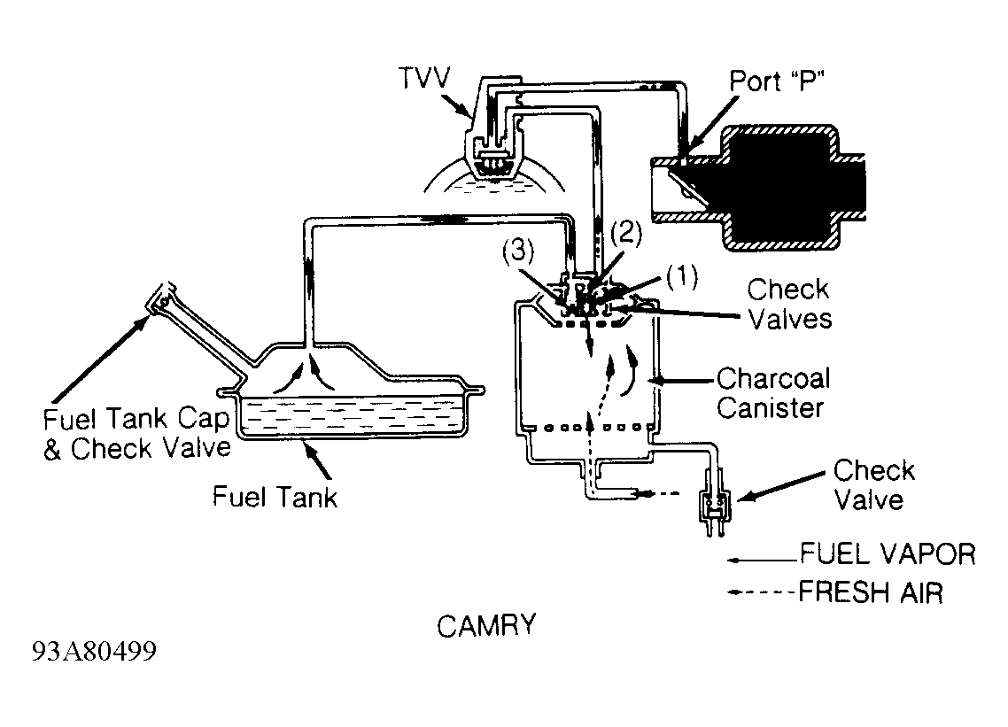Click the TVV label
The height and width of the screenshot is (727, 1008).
pos(424,78)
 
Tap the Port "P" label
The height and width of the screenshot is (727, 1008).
pos(777,81)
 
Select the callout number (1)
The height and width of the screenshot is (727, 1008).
pos(681,277)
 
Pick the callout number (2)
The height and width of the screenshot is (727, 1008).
pos(626,234)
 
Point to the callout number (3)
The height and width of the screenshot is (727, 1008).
pos(518,251)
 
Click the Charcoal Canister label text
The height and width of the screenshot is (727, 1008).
pos(773,393)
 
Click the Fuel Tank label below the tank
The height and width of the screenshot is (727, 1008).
pos(275,497)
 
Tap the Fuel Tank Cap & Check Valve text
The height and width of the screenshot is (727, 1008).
pos(137,434)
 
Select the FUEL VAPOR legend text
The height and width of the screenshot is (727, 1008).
pos(888,554)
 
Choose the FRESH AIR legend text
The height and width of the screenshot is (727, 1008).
pos(871,592)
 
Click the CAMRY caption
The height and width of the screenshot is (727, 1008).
pos(486,625)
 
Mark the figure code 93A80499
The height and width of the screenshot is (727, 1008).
pos(95,652)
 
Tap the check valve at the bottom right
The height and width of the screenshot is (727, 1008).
pos(714,502)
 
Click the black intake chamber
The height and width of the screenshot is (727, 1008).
pos(781,188)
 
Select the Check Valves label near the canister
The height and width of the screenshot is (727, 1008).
pos(789,304)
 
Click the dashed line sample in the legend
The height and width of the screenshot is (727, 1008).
pos(761,592)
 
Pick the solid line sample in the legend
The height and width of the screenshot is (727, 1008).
pos(763,561)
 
